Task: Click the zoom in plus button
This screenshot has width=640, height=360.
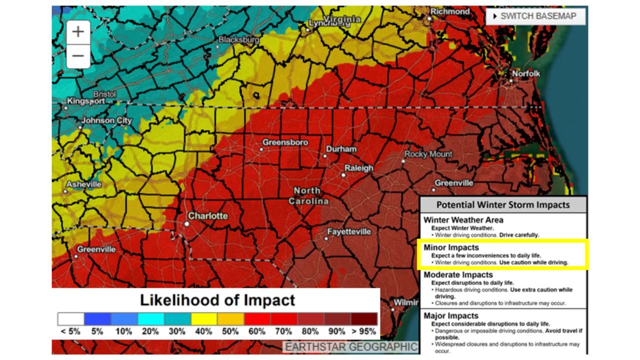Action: (78, 32)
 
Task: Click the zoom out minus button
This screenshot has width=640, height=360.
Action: (78, 55)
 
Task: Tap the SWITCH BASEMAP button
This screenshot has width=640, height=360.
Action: (535, 16)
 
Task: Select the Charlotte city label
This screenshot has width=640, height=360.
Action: (207, 216)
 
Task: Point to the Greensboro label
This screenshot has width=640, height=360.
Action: (285, 143)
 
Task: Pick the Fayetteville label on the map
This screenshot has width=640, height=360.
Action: (349, 232)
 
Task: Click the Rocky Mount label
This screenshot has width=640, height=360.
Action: (428, 154)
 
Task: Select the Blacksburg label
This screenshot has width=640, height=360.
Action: (238, 39)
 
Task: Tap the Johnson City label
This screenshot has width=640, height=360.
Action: (106, 121)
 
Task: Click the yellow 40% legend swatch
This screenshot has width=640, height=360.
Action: (204, 319)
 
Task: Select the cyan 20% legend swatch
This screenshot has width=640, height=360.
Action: (150, 319)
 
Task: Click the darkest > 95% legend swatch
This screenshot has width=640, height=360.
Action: (364, 319)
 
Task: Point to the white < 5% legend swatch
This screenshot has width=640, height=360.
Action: (70, 319)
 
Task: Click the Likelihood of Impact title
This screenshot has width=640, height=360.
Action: (217, 300)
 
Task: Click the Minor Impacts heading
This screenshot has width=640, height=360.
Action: (451, 247)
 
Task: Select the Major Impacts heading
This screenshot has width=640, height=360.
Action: (450, 316)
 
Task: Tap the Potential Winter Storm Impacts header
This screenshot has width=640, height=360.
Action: (502, 204)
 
